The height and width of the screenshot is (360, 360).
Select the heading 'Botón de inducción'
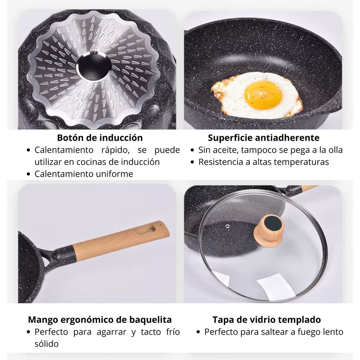(100, 138)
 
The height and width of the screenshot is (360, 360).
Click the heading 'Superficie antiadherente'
(264, 138)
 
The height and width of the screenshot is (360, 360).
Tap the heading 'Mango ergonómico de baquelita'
(100, 319)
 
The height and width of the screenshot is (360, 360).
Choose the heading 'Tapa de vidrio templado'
(267, 319)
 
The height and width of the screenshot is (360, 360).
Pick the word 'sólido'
(46, 344)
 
